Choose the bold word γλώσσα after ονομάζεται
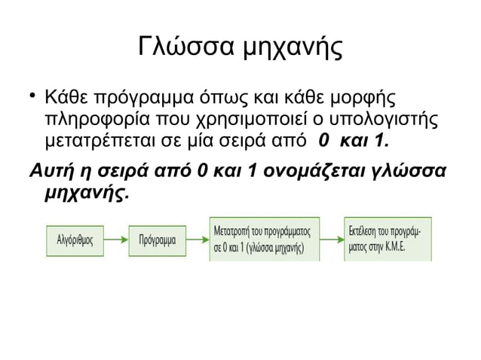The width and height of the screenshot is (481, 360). coord(410,168)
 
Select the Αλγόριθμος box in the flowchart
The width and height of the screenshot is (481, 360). coord(75,241)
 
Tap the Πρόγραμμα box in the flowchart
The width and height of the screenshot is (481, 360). coord(157,241)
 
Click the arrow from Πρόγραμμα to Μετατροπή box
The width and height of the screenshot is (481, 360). coord(197,241)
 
